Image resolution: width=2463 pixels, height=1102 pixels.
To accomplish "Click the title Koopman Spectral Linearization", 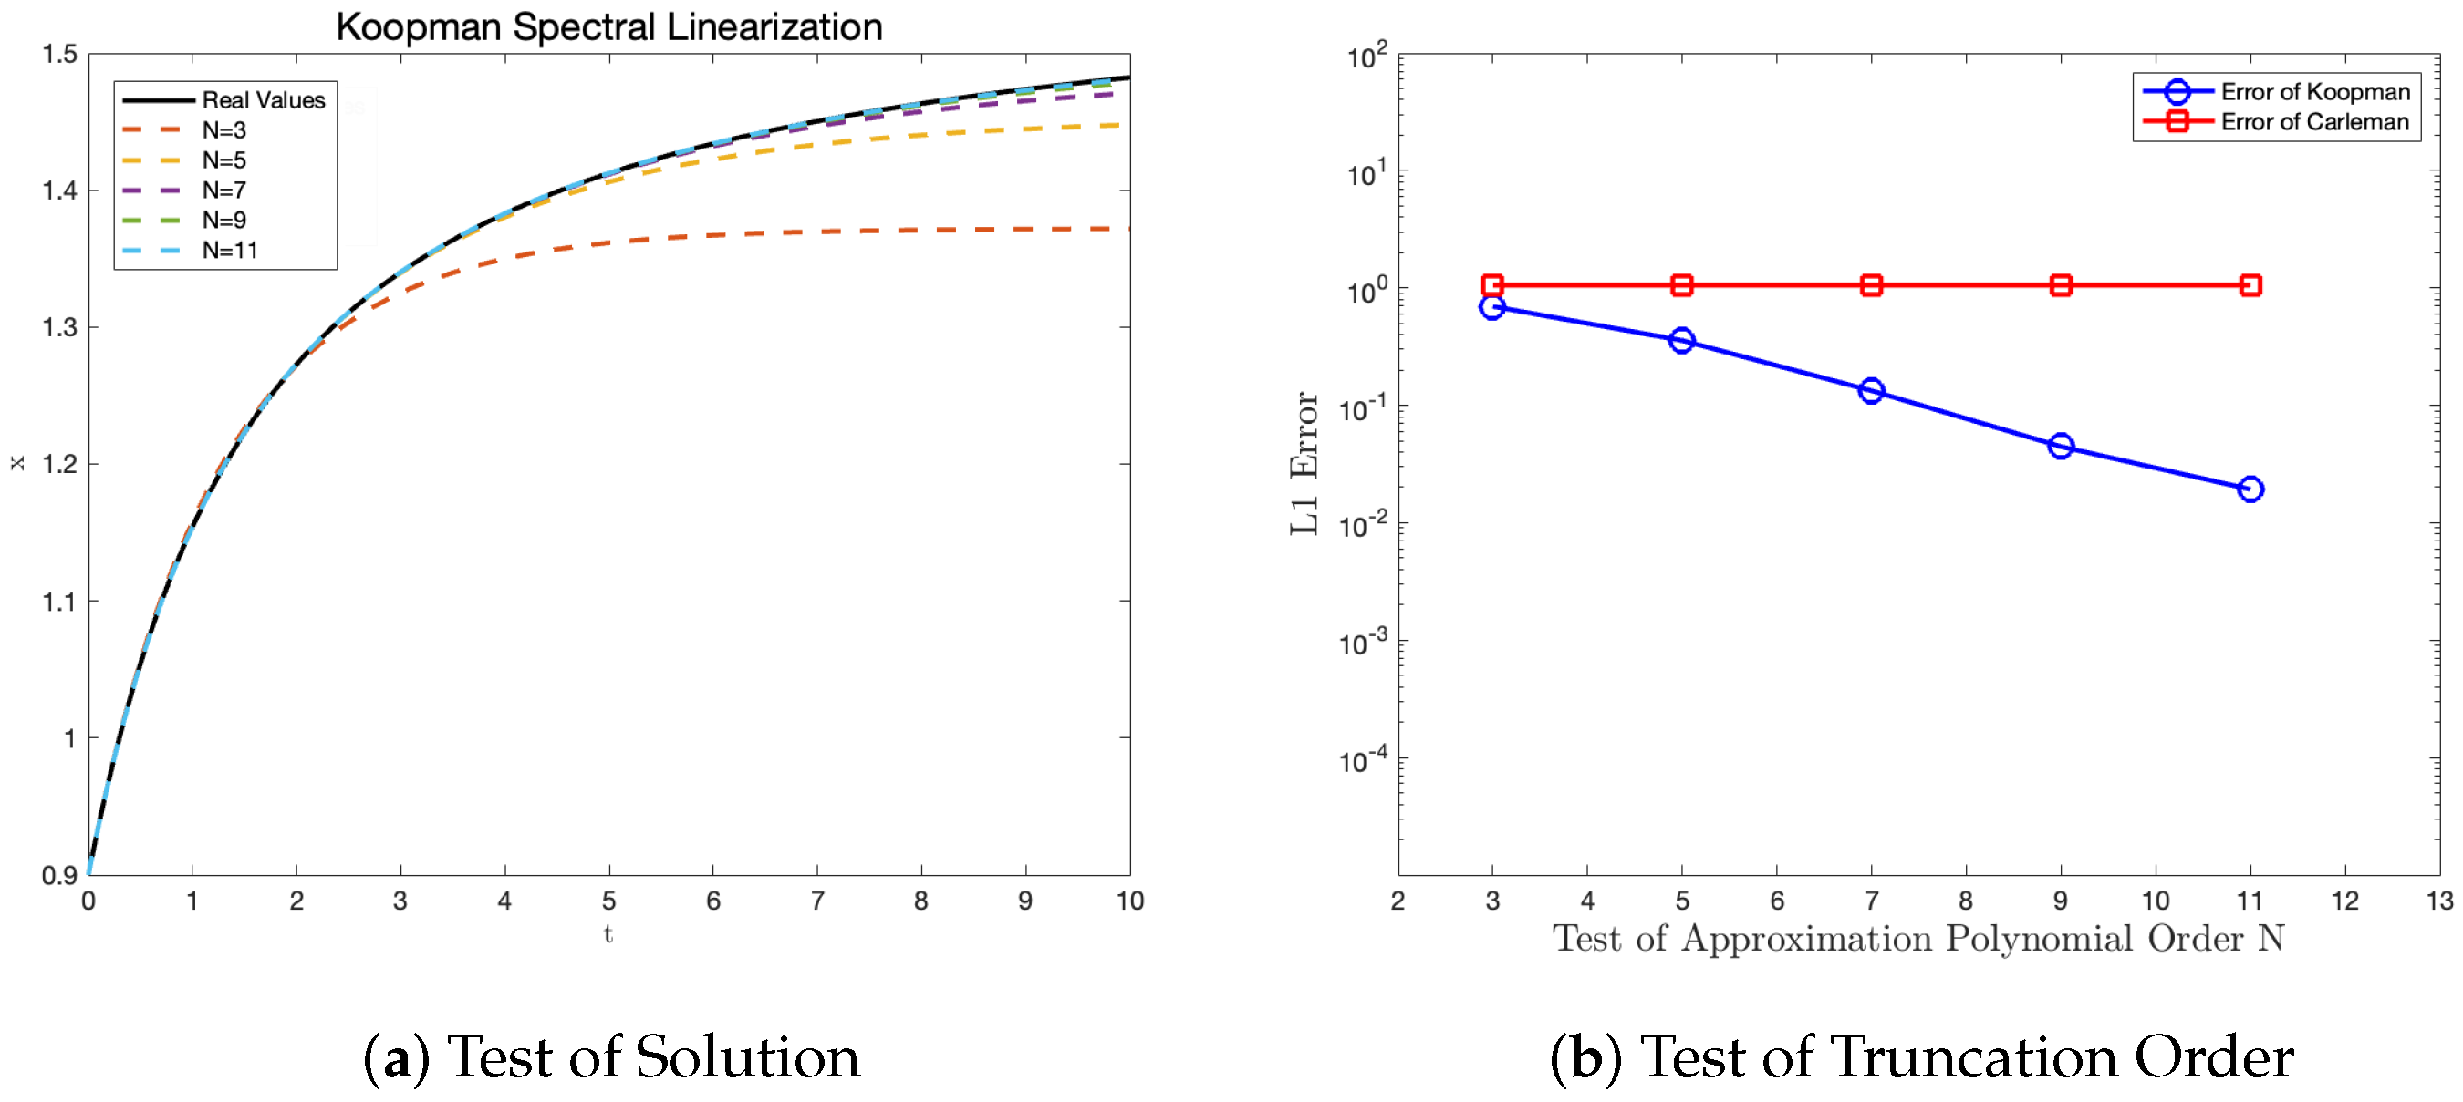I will pyautogui.click(x=609, y=26).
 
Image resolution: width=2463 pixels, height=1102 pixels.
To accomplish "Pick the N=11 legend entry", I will pyautogui.click(x=230, y=251).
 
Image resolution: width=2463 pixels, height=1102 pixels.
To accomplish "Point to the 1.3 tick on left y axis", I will pyautogui.click(x=59, y=328).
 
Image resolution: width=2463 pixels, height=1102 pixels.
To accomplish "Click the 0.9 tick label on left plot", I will pyautogui.click(x=59, y=875).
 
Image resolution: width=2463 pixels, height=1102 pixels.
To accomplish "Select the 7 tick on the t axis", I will pyautogui.click(x=817, y=901).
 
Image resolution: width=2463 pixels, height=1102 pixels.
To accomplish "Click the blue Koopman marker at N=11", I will pyautogui.click(x=2250, y=489).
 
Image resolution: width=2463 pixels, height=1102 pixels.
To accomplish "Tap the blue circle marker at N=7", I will pyautogui.click(x=1871, y=391).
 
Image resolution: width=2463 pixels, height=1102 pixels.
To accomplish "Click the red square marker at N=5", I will pyautogui.click(x=1682, y=284).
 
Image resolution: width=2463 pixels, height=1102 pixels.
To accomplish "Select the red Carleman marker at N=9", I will pyautogui.click(x=2061, y=284).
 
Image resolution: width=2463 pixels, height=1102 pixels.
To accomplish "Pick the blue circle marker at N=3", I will pyautogui.click(x=1491, y=307).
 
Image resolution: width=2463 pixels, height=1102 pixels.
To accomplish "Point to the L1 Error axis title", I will pyautogui.click(x=1304, y=464).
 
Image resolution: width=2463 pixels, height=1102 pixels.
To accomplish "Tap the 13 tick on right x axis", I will pyautogui.click(x=2439, y=901).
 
